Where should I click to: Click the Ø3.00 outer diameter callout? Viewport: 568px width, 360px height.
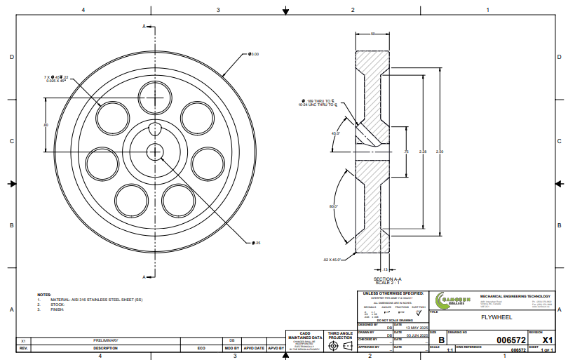coord(254,54)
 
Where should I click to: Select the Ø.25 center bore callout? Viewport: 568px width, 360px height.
coord(257,243)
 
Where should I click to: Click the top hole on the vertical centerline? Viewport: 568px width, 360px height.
coord(154,95)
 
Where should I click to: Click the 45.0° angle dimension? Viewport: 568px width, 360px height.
coord(336,133)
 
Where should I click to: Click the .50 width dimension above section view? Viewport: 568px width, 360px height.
coord(373,34)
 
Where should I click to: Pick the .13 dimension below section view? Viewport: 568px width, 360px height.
coord(386,269)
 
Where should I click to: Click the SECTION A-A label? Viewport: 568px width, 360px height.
coord(388,279)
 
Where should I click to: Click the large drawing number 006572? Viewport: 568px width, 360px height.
coord(511,339)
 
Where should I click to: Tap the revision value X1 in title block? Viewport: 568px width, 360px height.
coord(548,339)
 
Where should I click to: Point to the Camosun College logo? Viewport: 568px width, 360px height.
coord(454,298)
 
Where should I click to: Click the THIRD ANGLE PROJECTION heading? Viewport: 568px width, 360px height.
coord(340,335)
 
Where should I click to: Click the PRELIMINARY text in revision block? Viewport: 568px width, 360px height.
coord(106,340)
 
